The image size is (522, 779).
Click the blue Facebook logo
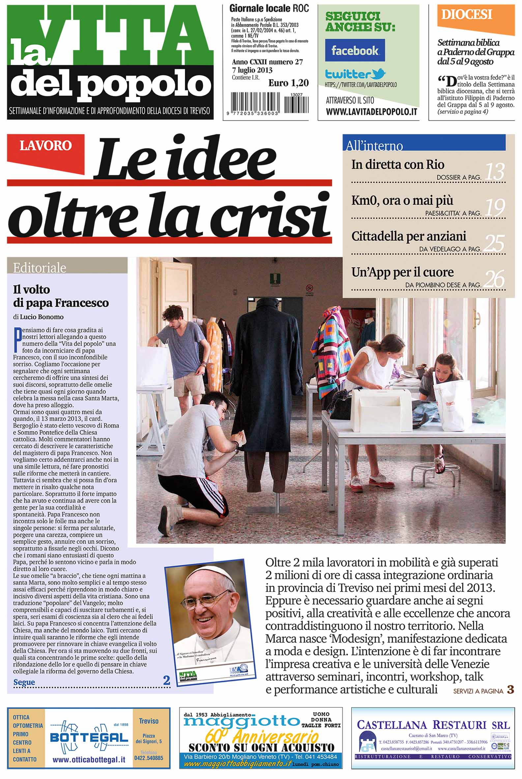pos(355,50)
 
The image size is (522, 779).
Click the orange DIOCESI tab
pos(466,15)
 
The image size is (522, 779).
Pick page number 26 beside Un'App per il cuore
pos(494,279)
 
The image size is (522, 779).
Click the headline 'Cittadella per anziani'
pos(409,236)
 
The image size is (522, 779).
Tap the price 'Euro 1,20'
pos(288,83)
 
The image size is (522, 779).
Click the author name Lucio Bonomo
pos(42,317)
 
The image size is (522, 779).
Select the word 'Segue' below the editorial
pos(24,682)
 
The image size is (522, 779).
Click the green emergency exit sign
pos(274,277)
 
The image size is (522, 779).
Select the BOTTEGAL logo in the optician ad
pos(89,737)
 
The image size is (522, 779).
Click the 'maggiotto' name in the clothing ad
pos(242,722)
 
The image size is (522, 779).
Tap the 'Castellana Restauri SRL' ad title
pos(433,725)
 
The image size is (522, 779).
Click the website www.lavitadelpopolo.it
pos(371,111)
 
